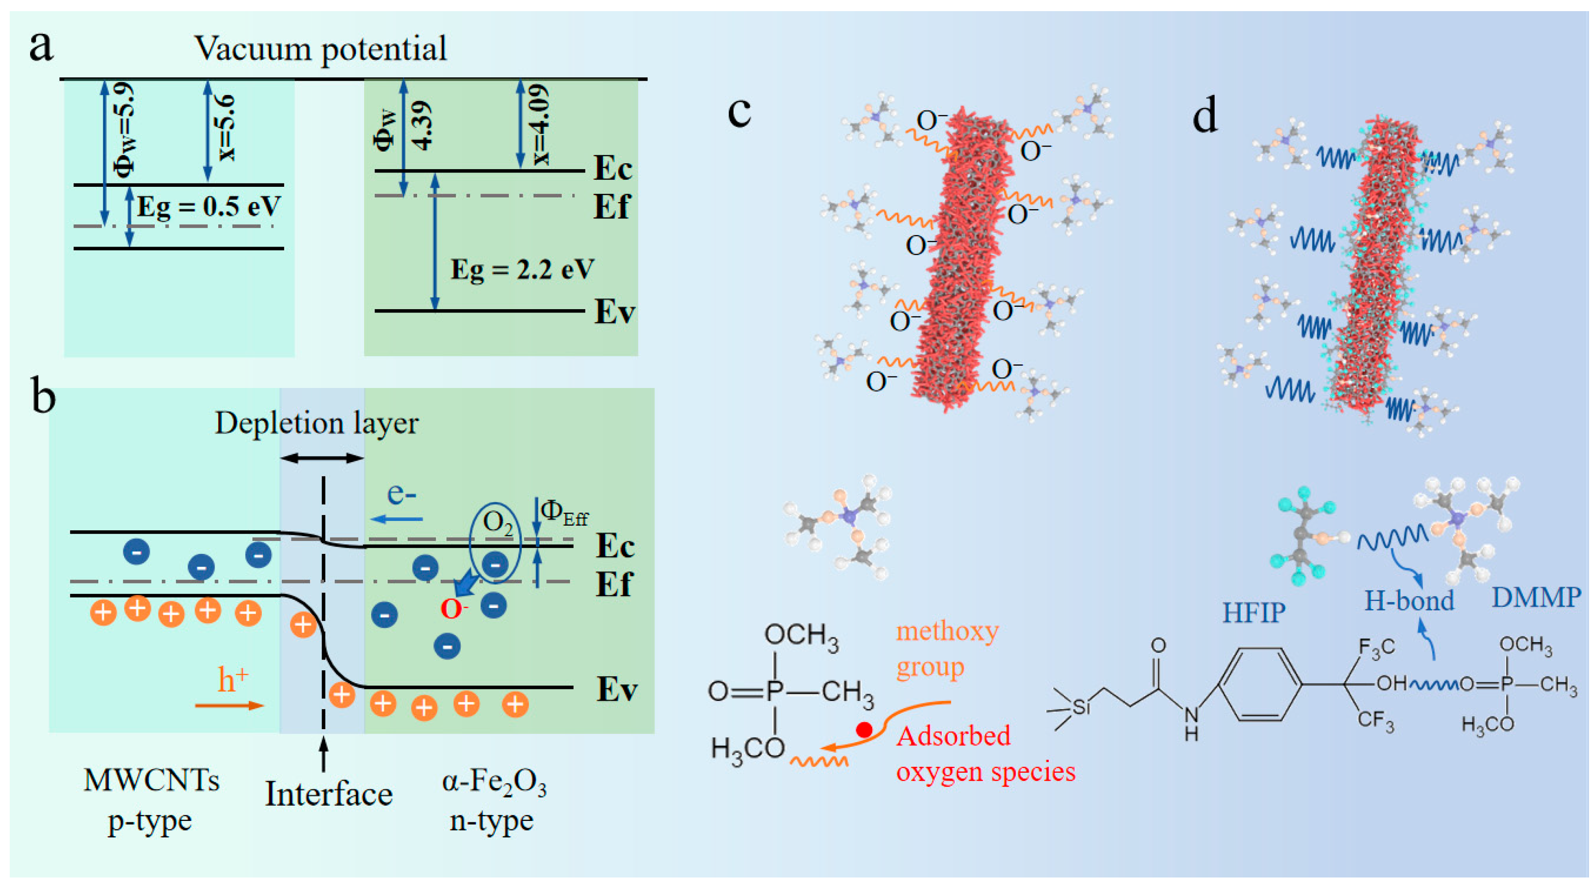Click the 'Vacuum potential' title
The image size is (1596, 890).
click(x=320, y=48)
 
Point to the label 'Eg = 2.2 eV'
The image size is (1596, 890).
click(x=522, y=270)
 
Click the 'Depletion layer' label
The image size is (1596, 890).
click(x=317, y=423)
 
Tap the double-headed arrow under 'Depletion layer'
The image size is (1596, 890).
click(x=322, y=458)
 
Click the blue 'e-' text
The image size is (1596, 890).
click(x=401, y=494)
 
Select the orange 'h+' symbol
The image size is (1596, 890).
click(x=232, y=680)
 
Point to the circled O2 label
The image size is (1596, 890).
click(x=497, y=523)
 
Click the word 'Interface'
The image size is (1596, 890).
click(x=329, y=794)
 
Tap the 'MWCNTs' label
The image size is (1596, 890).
click(x=151, y=780)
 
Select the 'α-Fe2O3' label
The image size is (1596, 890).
click(x=494, y=782)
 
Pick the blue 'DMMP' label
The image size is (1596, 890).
click(x=1536, y=598)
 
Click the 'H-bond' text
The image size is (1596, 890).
click(x=1409, y=601)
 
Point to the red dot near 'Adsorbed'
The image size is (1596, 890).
click(x=864, y=730)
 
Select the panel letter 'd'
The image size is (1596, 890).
click(x=1204, y=115)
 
